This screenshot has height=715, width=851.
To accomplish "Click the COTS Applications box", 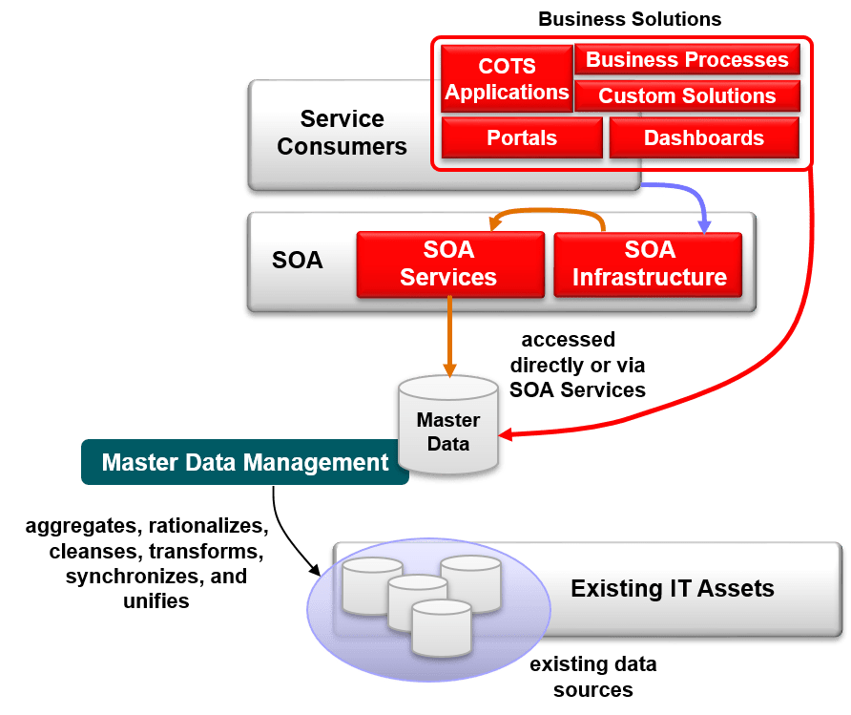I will [x=507, y=79].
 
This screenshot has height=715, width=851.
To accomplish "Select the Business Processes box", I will [x=687, y=59].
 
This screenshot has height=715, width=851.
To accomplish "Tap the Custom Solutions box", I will [x=687, y=96].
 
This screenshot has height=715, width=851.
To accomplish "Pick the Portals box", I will [x=522, y=137].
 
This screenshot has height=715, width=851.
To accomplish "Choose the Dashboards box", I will [x=704, y=137].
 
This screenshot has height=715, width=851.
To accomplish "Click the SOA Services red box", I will [x=448, y=263].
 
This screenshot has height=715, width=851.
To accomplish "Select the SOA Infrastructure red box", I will [x=649, y=263].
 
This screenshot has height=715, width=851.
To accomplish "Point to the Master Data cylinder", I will [x=448, y=426].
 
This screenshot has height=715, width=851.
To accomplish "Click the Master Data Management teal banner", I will [x=245, y=463].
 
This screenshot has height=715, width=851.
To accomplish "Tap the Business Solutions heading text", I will [x=630, y=19].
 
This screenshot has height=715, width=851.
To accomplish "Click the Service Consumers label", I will [x=342, y=133].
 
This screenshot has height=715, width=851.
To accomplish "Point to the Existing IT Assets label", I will [x=673, y=588].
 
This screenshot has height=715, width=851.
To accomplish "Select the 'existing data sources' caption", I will [x=593, y=676].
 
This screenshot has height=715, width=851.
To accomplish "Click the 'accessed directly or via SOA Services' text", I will [x=577, y=365].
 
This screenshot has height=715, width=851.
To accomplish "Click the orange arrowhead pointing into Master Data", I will [x=449, y=370].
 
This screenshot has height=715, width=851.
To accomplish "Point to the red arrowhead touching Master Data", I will [x=507, y=435].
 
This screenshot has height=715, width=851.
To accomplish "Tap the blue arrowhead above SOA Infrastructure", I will [x=705, y=227].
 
